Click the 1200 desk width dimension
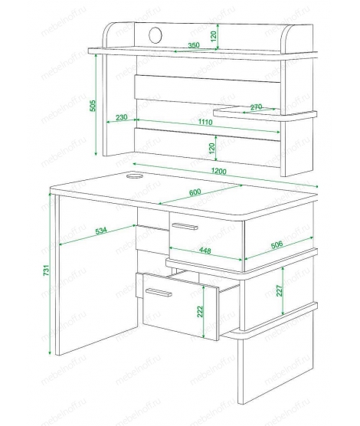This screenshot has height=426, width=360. tap(219, 171)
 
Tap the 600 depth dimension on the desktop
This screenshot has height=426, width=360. tap(195, 192)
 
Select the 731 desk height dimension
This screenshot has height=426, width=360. tap(47, 270)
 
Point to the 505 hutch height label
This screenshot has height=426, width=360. tap(93, 106)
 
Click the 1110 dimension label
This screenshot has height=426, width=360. tap(205, 122)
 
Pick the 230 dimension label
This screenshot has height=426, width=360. tap(122, 117)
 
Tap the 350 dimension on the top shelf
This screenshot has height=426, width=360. tap(194, 45)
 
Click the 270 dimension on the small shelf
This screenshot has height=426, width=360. tap(256, 106)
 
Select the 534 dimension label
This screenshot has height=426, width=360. tap(101, 231)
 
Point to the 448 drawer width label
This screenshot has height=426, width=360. tap(205, 251)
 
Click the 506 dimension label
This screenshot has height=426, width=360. tap(277, 244)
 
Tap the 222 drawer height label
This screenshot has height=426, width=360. tap(200, 312)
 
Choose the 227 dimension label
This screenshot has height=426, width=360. tap(280, 290)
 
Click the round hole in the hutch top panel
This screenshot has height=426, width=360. tap(155, 35)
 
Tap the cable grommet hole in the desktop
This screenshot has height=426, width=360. tap(135, 175)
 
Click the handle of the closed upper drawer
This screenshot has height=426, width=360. tap(185, 226)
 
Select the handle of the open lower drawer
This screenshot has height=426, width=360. tap(159, 293)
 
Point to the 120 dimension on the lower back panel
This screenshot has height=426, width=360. tap(212, 149)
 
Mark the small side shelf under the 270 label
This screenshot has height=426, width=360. tap(265, 115)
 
